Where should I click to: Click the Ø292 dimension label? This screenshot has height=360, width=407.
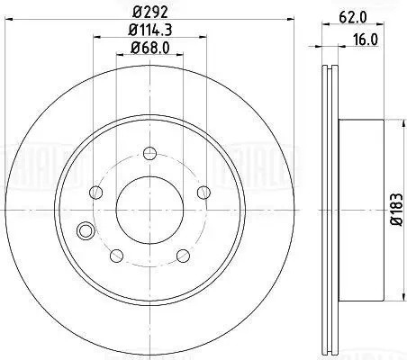pyautogui.click(x=149, y=12)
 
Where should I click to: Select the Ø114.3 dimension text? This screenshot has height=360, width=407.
pyautogui.click(x=149, y=30)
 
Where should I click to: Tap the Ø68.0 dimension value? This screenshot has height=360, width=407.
pyautogui.click(x=150, y=48)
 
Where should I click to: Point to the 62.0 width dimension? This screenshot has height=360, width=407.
pyautogui.click(x=353, y=18)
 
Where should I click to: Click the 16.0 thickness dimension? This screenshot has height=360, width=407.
pyautogui.click(x=365, y=40)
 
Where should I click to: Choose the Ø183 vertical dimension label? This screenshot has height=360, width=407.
pyautogui.click(x=397, y=210)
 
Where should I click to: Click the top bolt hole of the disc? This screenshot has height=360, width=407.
pyautogui.click(x=149, y=154)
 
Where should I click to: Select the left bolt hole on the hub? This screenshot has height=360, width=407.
pyautogui.click(x=96, y=193)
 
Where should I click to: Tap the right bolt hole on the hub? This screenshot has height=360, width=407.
pyautogui.click(x=203, y=193)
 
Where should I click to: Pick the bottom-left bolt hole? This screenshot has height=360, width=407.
pyautogui.click(x=116, y=256)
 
